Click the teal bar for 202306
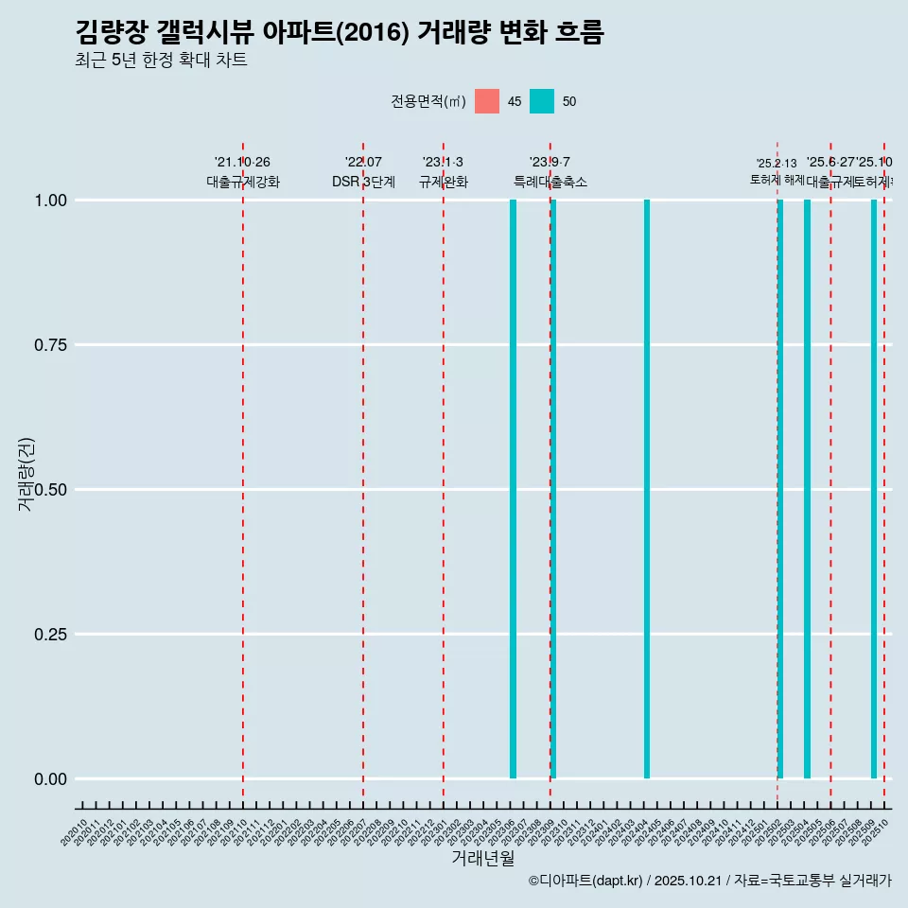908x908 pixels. click(x=513, y=489)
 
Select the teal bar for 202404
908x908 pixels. click(x=647, y=489)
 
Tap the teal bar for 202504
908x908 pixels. click(x=807, y=489)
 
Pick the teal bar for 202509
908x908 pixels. click(x=874, y=489)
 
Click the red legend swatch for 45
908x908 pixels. click(x=487, y=101)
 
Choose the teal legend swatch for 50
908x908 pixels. click(x=542, y=101)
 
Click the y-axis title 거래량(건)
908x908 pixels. click(x=26, y=474)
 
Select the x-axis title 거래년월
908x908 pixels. click(x=482, y=858)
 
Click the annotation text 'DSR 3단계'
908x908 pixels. click(x=363, y=182)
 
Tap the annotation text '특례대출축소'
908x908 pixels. click(x=550, y=182)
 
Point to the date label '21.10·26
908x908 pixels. click(x=242, y=163)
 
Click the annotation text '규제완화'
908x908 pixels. click(x=444, y=182)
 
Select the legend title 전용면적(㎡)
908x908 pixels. click(x=428, y=101)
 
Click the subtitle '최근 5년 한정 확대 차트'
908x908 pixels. click(x=161, y=61)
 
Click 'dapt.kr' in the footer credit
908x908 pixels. click(x=615, y=881)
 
